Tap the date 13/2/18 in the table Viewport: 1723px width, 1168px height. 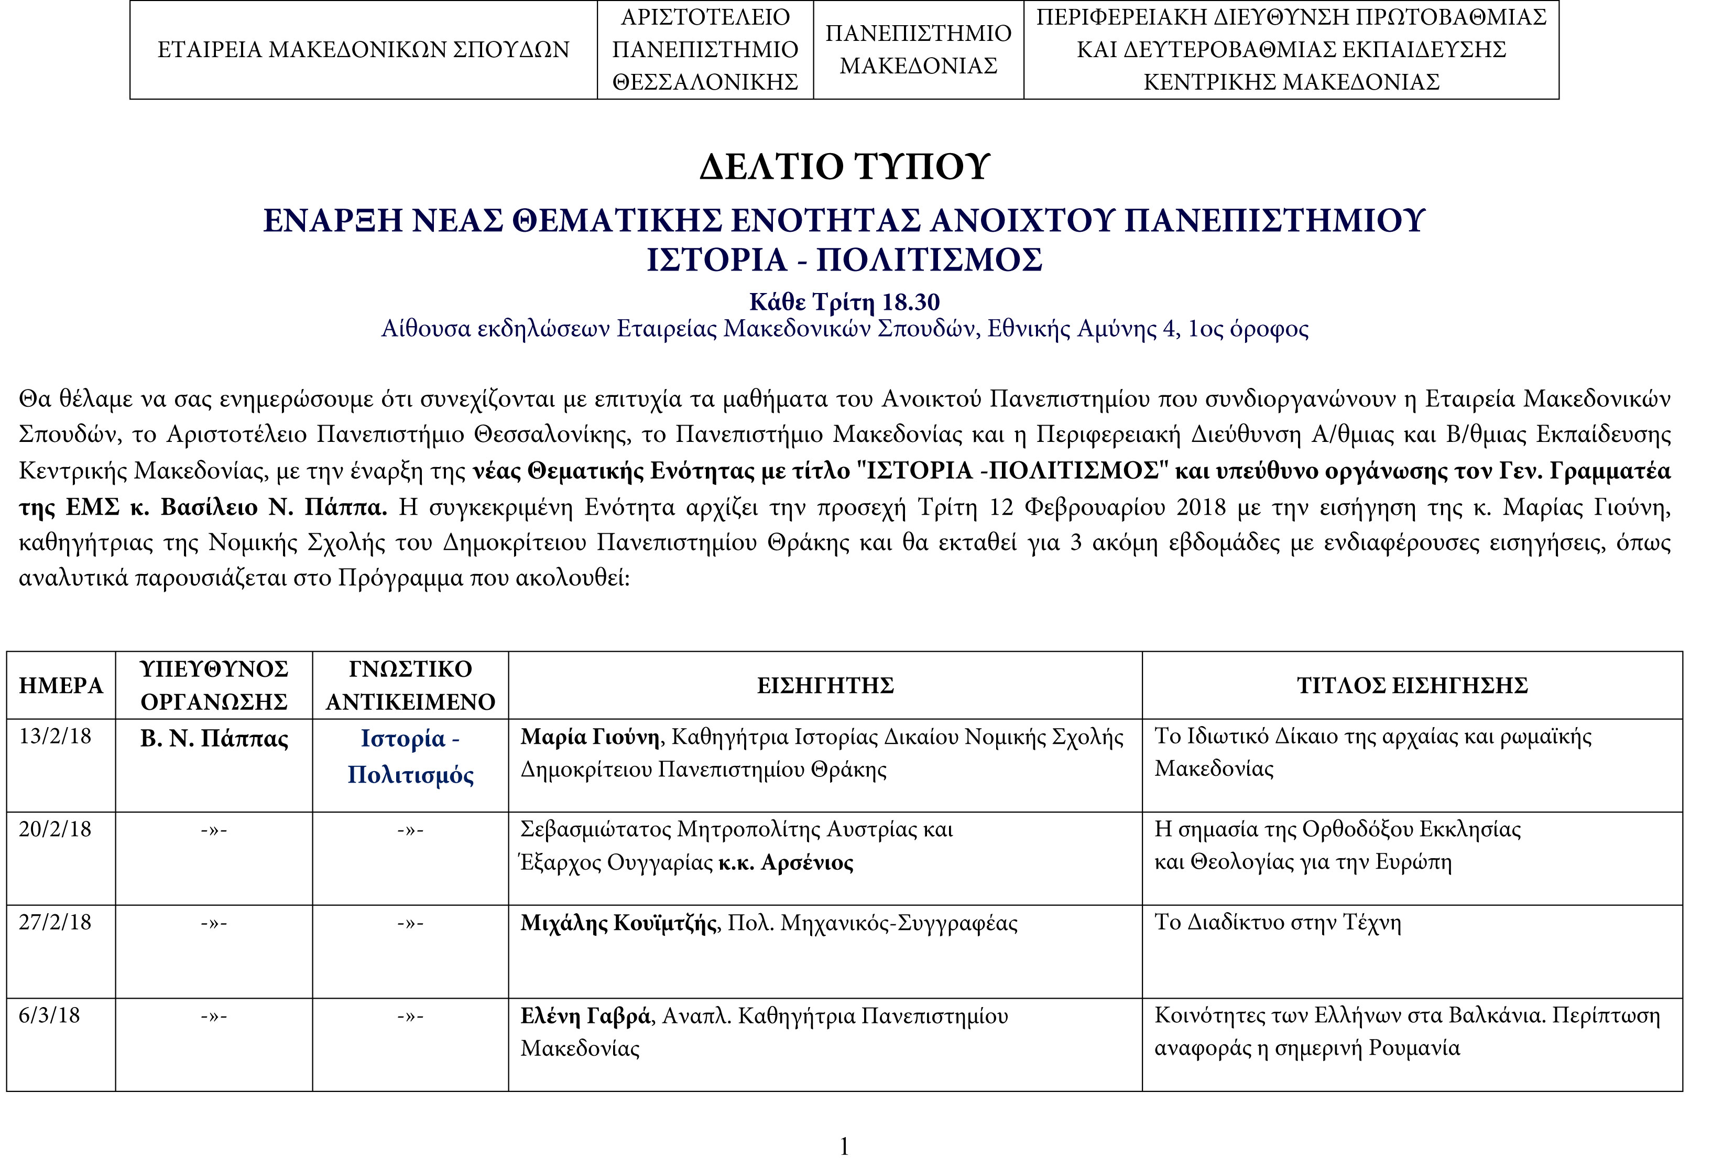[x=55, y=737]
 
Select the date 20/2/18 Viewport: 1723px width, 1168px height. [x=55, y=829]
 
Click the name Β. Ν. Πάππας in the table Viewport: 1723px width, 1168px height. [x=214, y=739]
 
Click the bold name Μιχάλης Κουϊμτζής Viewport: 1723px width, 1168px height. [x=618, y=923]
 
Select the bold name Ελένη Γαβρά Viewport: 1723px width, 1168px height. [x=586, y=1016]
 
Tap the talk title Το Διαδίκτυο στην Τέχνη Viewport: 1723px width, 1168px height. [x=1278, y=923]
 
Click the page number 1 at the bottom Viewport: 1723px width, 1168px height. [x=844, y=1147]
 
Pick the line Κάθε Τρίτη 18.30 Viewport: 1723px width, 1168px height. [x=844, y=302]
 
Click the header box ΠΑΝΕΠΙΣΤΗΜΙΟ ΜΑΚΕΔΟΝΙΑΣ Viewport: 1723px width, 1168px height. [x=918, y=50]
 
